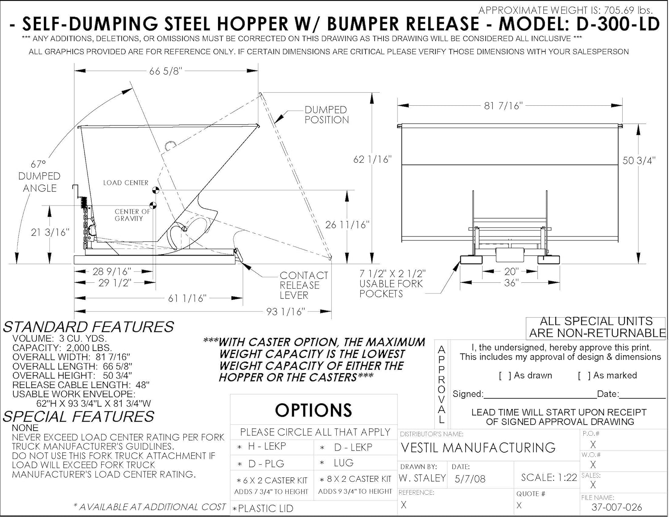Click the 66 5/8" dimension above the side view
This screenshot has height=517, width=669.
[x=165, y=71]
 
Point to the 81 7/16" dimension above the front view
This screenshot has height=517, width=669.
[x=503, y=106]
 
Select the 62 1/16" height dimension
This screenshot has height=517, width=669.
[x=372, y=159]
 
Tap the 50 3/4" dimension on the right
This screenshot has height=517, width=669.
[x=639, y=161]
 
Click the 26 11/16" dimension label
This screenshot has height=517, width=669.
[x=347, y=225]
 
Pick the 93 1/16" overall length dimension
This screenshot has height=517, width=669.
[x=285, y=311]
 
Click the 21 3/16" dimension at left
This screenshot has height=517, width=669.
[x=50, y=232]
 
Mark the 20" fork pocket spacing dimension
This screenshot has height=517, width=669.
[x=511, y=271]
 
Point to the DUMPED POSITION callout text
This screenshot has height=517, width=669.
[x=326, y=115]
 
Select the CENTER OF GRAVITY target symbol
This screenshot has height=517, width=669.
[x=153, y=206]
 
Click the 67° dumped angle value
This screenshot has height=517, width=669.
[x=38, y=165]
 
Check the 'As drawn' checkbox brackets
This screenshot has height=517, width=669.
[x=505, y=376]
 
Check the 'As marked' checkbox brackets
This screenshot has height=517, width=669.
[x=584, y=376]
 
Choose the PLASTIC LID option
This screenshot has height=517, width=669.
[x=266, y=509]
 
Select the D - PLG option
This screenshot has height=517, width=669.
[x=266, y=464]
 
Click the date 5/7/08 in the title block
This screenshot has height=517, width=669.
[x=470, y=479]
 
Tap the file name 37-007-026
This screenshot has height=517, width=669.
[x=617, y=507]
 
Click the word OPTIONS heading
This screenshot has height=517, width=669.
[x=314, y=410]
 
